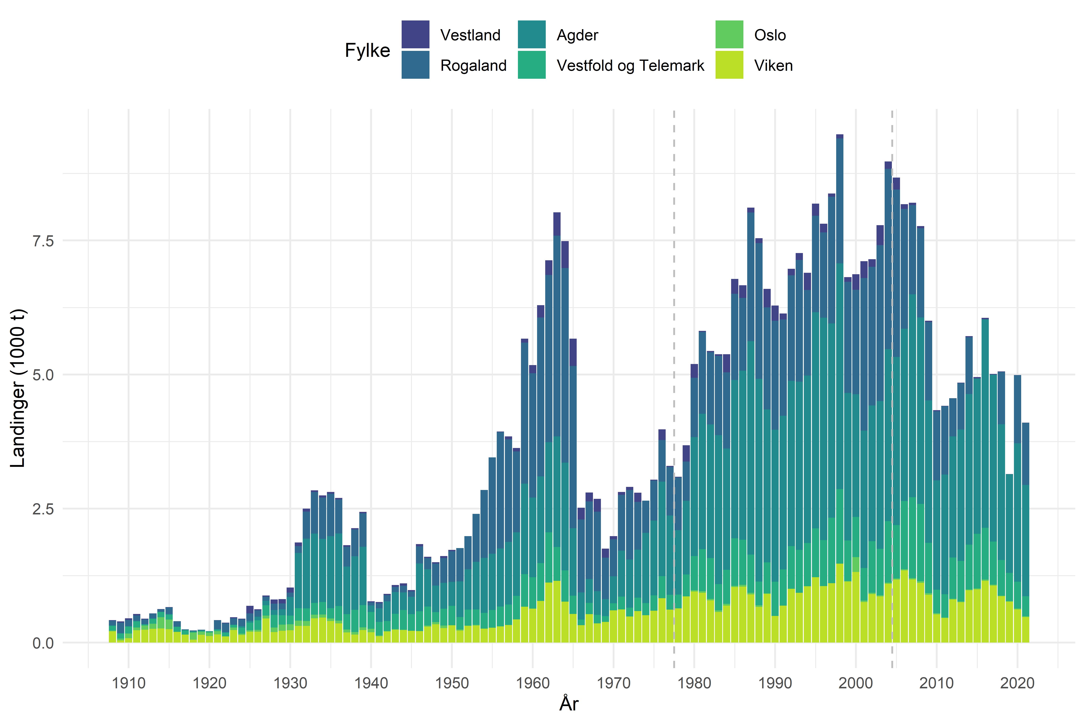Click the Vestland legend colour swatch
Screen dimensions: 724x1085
point(415,34)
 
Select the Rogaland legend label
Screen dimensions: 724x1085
point(473,66)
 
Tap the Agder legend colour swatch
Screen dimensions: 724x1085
point(531,34)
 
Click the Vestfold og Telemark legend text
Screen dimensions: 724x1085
point(630,66)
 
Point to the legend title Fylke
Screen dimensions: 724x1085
point(367,50)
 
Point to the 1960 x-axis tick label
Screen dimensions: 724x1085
point(533,683)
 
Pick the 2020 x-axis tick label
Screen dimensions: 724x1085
point(1017,683)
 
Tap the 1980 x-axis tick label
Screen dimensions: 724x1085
point(694,683)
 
